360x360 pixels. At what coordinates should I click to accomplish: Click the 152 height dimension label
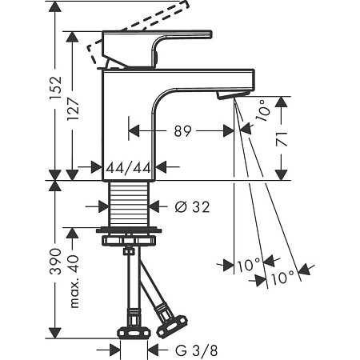point(55,88)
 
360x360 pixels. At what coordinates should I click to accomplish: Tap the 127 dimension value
point(73,109)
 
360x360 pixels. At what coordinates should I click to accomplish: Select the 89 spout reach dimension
point(183,131)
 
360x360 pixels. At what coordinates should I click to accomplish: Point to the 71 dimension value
point(282,139)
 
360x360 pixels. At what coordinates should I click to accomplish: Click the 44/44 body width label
point(128,168)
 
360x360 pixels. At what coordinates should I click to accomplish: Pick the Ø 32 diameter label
point(192,206)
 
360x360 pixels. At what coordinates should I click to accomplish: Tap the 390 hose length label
point(55,262)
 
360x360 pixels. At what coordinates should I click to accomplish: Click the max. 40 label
point(74,282)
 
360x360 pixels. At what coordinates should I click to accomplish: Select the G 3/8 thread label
point(197,350)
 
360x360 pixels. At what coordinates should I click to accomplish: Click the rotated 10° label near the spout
point(263,110)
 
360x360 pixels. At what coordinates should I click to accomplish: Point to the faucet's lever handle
point(158,49)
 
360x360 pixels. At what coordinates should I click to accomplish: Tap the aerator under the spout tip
point(233,94)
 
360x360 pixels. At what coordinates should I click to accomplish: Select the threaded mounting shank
point(129,204)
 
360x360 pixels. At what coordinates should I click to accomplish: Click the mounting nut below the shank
point(129,241)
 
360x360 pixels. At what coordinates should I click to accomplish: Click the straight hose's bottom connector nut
point(134,333)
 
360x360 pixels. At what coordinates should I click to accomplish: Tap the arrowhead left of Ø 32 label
point(102,206)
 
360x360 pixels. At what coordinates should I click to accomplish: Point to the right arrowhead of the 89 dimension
point(229,131)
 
